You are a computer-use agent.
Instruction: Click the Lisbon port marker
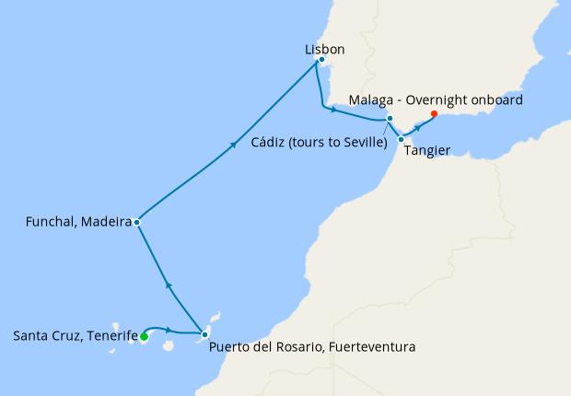(320, 60)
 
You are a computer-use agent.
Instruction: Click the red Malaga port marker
(434, 114)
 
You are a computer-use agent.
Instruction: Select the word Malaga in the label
(373, 99)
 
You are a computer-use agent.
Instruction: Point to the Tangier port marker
(402, 139)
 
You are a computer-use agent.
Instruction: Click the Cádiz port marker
(390, 119)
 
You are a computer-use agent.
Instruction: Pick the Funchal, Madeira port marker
(136, 222)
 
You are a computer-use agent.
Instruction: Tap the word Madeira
(109, 222)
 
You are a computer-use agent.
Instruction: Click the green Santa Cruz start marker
(144, 336)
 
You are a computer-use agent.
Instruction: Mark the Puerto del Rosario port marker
(204, 334)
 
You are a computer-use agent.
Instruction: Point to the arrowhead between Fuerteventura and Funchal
(168, 285)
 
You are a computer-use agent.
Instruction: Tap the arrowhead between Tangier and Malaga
(417, 127)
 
